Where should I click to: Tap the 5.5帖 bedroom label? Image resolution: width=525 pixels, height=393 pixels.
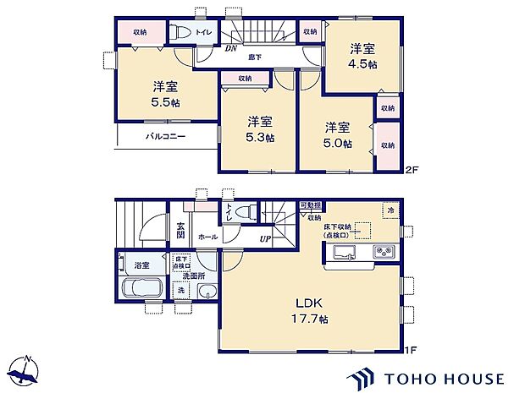tap(166, 94)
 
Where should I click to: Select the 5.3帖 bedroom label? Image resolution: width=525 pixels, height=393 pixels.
tap(259, 128)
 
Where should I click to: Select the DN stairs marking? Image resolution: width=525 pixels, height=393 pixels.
tap(229, 48)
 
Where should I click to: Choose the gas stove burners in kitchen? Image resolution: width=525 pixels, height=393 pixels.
tap(383, 251)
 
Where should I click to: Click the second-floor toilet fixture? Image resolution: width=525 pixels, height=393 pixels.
tap(180, 33)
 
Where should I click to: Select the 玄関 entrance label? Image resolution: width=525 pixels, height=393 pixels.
tap(181, 230)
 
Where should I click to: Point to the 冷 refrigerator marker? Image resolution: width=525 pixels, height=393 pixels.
tap(390, 210)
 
